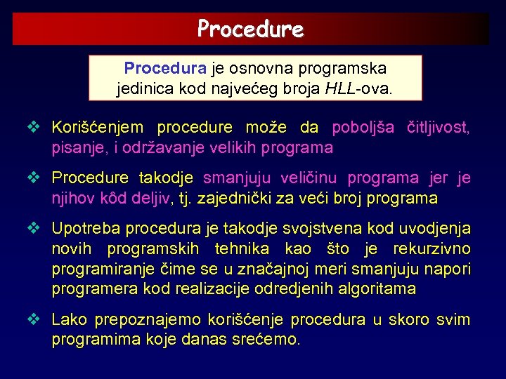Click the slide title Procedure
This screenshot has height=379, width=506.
click(x=250, y=29)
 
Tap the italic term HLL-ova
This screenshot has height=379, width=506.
click(x=358, y=89)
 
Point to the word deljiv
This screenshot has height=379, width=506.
click(x=151, y=199)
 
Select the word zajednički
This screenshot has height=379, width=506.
click(x=237, y=199)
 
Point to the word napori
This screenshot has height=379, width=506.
click(x=449, y=270)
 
